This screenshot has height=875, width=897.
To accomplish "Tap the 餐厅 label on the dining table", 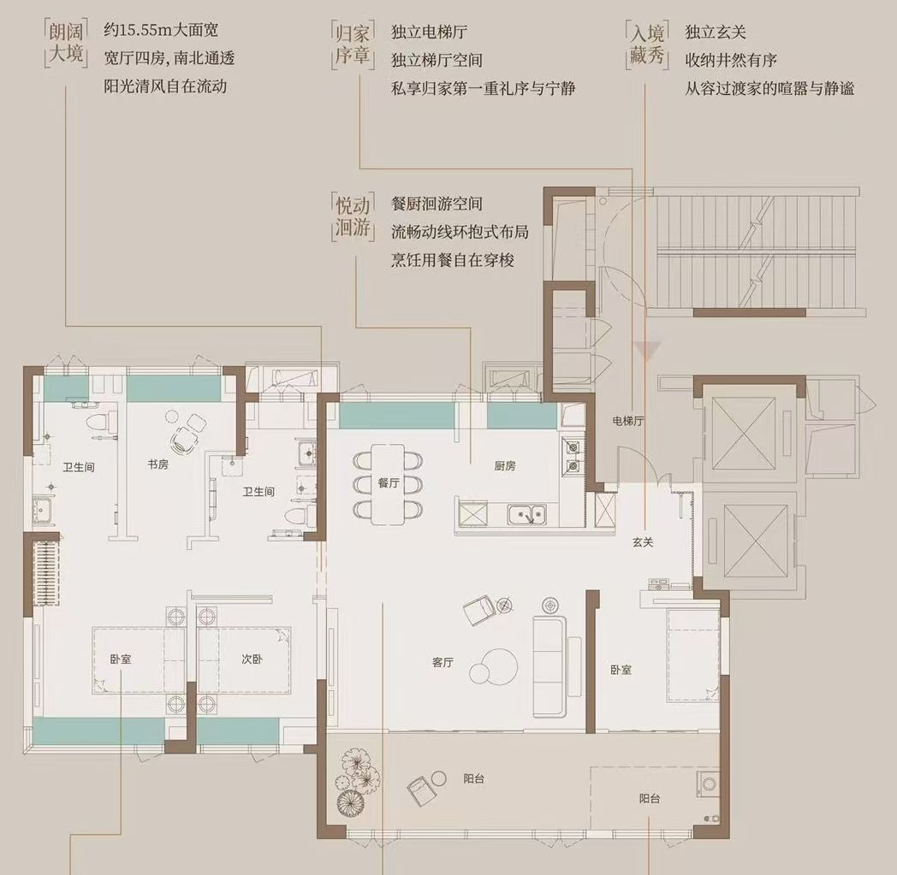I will pyautogui.click(x=389, y=483).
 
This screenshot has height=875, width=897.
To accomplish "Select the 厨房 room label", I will pyautogui.click(x=504, y=467).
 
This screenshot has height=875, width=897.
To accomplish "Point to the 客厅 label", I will pyautogui.click(x=442, y=663).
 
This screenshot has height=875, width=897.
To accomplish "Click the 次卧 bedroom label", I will pyautogui.click(x=251, y=659).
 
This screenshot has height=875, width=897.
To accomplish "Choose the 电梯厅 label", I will pyautogui.click(x=627, y=421).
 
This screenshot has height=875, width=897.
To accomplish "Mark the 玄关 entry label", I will pyautogui.click(x=643, y=541).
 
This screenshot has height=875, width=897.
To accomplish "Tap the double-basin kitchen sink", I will pyautogui.click(x=527, y=514).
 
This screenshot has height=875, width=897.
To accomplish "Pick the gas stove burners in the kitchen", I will pyautogui.click(x=571, y=455).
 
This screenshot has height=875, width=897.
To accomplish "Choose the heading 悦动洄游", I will pyautogui.click(x=352, y=218).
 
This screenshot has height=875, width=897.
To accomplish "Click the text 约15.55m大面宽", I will pyautogui.click(x=161, y=32).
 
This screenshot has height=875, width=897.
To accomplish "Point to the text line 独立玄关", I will pyautogui.click(x=716, y=33).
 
